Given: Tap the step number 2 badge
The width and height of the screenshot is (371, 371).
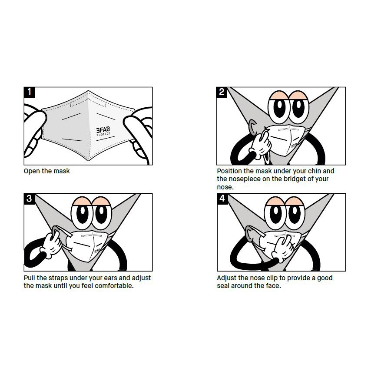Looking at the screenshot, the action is pyautogui.click(x=222, y=92).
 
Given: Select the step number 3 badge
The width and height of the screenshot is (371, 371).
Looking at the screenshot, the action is pyautogui.click(x=29, y=199).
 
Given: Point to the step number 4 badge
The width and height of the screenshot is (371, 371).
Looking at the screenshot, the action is pyautogui.click(x=222, y=199).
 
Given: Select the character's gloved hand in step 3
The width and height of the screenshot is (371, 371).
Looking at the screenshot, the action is pyautogui.click(x=50, y=244).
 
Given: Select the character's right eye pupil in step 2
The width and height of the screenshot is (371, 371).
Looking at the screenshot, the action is pyautogui.click(x=298, y=107).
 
